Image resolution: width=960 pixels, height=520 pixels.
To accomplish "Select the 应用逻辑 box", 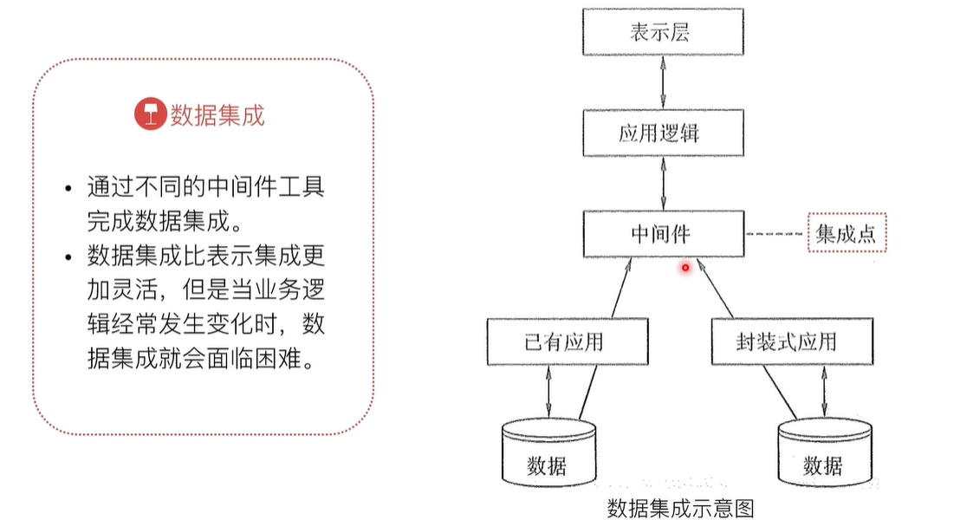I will click(x=663, y=134).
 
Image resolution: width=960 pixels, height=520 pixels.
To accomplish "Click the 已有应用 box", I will click(x=568, y=341).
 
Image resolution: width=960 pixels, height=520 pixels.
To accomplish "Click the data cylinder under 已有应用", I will click(x=548, y=455).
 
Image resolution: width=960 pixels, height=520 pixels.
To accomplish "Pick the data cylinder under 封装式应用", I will click(x=822, y=455).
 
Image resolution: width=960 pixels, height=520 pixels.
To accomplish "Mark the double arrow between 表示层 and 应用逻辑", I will click(x=663, y=84).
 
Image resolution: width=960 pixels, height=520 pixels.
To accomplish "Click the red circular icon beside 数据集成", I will click(x=149, y=114).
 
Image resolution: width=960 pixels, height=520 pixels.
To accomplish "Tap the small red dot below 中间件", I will click(x=684, y=268).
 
